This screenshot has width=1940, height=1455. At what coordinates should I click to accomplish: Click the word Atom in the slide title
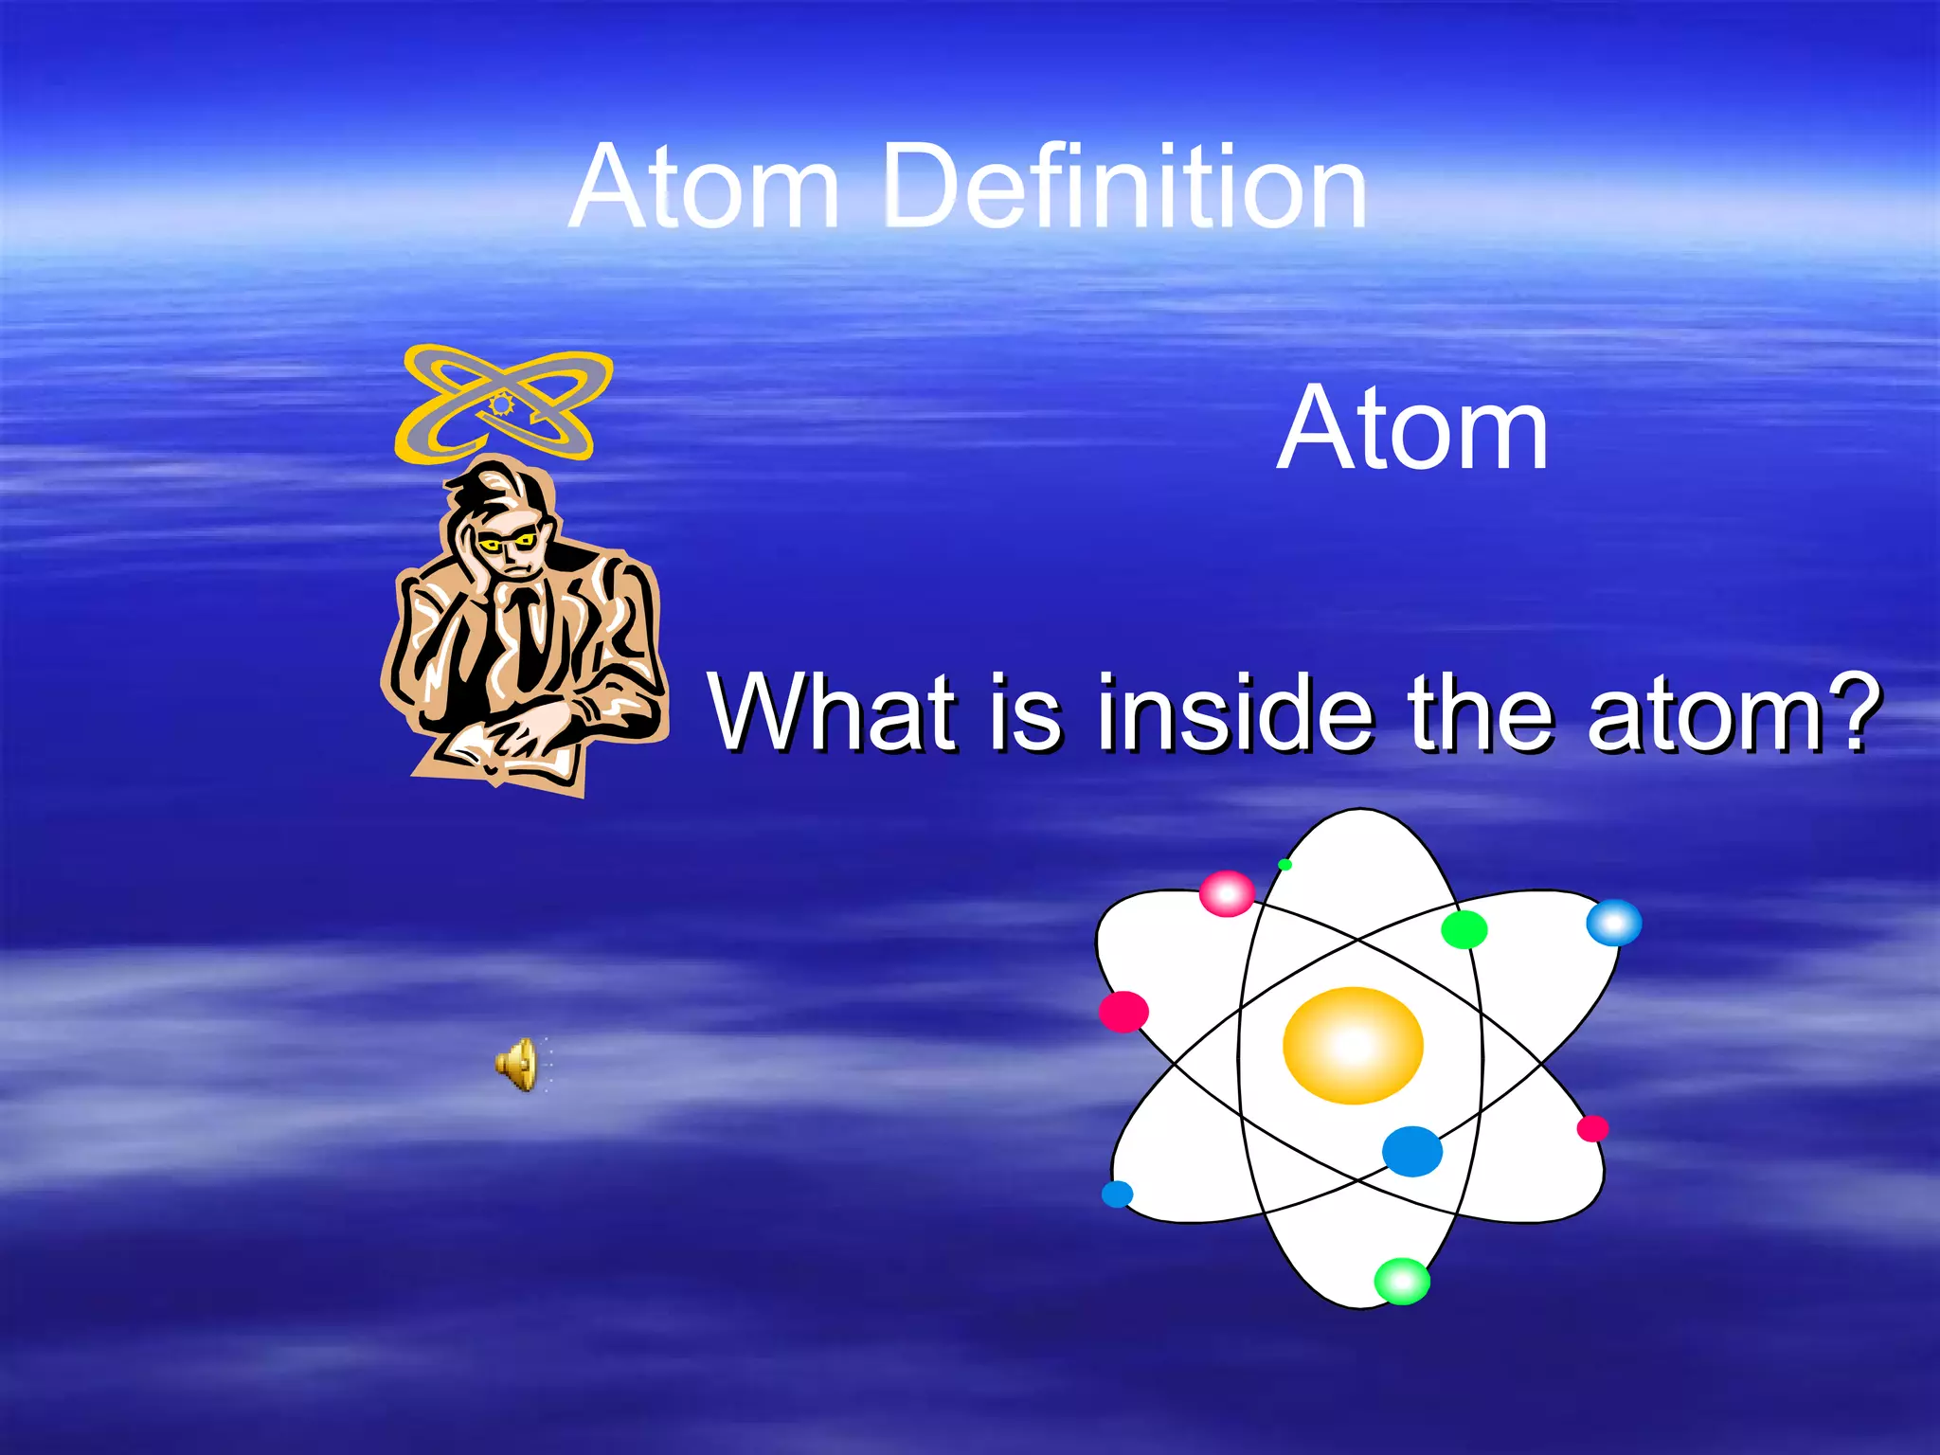(x=706, y=187)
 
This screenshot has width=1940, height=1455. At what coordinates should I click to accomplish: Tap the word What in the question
(x=834, y=711)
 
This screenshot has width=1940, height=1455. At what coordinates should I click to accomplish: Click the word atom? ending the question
(x=1733, y=711)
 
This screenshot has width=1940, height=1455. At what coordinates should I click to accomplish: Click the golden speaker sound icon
(x=518, y=1064)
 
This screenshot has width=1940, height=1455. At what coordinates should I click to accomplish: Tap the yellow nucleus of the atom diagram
(x=1353, y=1045)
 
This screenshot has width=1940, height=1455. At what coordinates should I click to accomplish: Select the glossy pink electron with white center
(x=1227, y=893)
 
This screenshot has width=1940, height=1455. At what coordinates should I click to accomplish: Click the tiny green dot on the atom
(x=1284, y=864)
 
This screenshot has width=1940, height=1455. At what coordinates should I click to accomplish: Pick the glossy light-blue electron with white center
(x=1614, y=923)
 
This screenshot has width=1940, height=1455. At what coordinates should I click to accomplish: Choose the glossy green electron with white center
(x=1402, y=1281)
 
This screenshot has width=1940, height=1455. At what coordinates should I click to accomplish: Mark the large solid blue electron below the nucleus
(x=1411, y=1151)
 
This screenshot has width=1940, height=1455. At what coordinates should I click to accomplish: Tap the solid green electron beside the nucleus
(x=1464, y=929)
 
